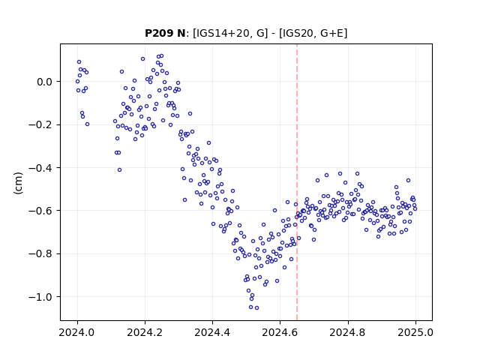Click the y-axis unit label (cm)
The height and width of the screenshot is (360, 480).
coord(18,183)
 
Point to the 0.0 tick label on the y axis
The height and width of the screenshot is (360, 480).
coord(44,82)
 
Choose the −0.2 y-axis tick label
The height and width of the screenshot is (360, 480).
coord(40,124)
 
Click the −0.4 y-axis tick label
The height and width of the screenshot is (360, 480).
coord(40,168)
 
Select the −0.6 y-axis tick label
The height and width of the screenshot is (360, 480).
coord(40,211)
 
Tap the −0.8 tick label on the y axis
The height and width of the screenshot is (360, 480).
coord(40,253)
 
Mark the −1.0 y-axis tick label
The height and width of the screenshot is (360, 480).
coord(40,297)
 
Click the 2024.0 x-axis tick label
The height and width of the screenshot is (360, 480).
coord(77,332)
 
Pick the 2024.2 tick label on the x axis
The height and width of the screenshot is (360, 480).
coord(145,332)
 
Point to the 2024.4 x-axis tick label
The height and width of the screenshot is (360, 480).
coord(212,332)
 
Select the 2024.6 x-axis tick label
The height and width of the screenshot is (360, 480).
coord(280,332)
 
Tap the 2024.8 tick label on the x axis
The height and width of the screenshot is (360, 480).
coord(348,332)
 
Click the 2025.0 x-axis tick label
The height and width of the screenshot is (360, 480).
coord(415,332)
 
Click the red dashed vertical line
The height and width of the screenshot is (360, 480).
coord(297,182)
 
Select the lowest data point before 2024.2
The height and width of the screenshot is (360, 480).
coord(120,170)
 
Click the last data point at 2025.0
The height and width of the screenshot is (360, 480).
coord(415,209)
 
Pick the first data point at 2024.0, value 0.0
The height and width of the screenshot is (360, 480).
coord(77,82)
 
